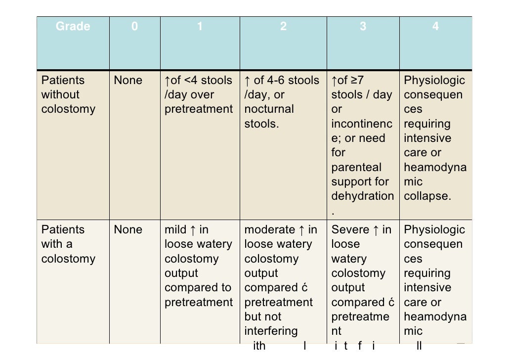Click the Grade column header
(73, 27)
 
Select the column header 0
(135, 27)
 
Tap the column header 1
(200, 27)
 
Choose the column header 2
(283, 27)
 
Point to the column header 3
(363, 27)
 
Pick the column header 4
(435, 27)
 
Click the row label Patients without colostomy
(68, 94)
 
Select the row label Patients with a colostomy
(68, 244)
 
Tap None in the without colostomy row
(128, 80)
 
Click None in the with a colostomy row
(128, 229)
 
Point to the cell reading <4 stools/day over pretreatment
(199, 94)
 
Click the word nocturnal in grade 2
(269, 109)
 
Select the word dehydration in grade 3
(363, 196)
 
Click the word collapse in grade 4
(427, 196)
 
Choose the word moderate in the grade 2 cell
(269, 229)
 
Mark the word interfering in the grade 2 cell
(271, 330)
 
